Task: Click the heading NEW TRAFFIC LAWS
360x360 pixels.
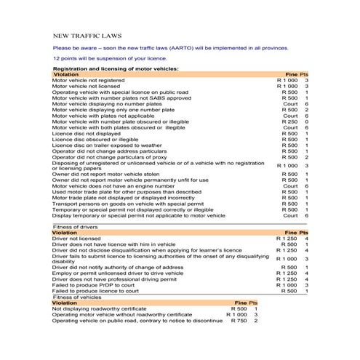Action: tap(87, 34)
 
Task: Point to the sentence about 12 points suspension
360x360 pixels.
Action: tap(103, 57)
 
